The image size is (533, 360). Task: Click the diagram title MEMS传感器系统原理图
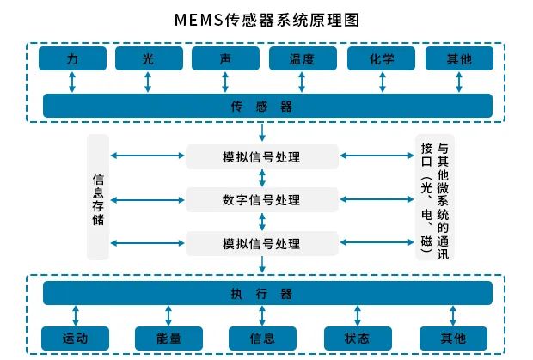click(x=267, y=18)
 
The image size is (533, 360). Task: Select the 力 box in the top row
click(x=72, y=58)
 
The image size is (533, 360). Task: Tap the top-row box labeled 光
click(x=150, y=58)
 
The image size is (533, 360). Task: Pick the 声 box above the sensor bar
click(x=225, y=58)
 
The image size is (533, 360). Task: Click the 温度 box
click(x=303, y=58)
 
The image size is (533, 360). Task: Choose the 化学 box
click(x=381, y=58)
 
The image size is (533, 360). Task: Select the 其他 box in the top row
click(x=459, y=58)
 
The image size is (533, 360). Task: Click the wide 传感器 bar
click(x=267, y=106)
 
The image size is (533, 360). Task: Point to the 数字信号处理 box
click(x=261, y=199)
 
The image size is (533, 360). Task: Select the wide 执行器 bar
click(x=267, y=293)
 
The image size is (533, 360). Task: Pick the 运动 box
click(x=76, y=337)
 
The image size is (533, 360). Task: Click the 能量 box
click(x=168, y=337)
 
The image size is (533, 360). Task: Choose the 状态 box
click(x=358, y=337)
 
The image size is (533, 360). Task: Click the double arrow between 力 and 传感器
click(x=72, y=82)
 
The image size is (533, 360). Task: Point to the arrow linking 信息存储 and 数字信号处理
click(x=149, y=199)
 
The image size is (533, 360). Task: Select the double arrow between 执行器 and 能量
click(x=168, y=315)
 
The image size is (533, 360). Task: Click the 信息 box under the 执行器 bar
click(x=263, y=337)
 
